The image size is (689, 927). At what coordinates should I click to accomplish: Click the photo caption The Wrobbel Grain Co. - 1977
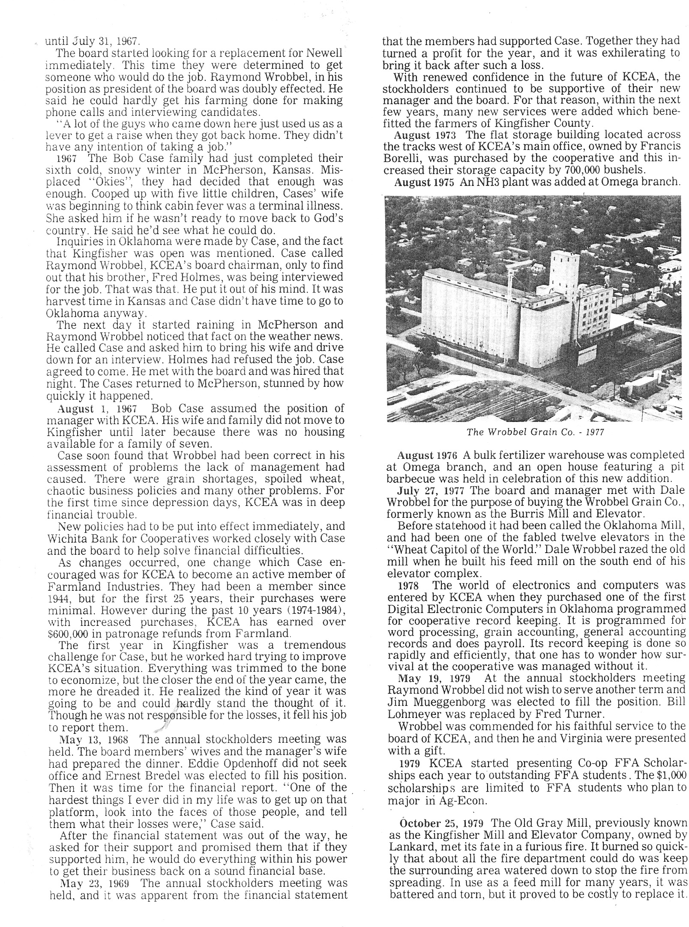(x=535, y=432)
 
